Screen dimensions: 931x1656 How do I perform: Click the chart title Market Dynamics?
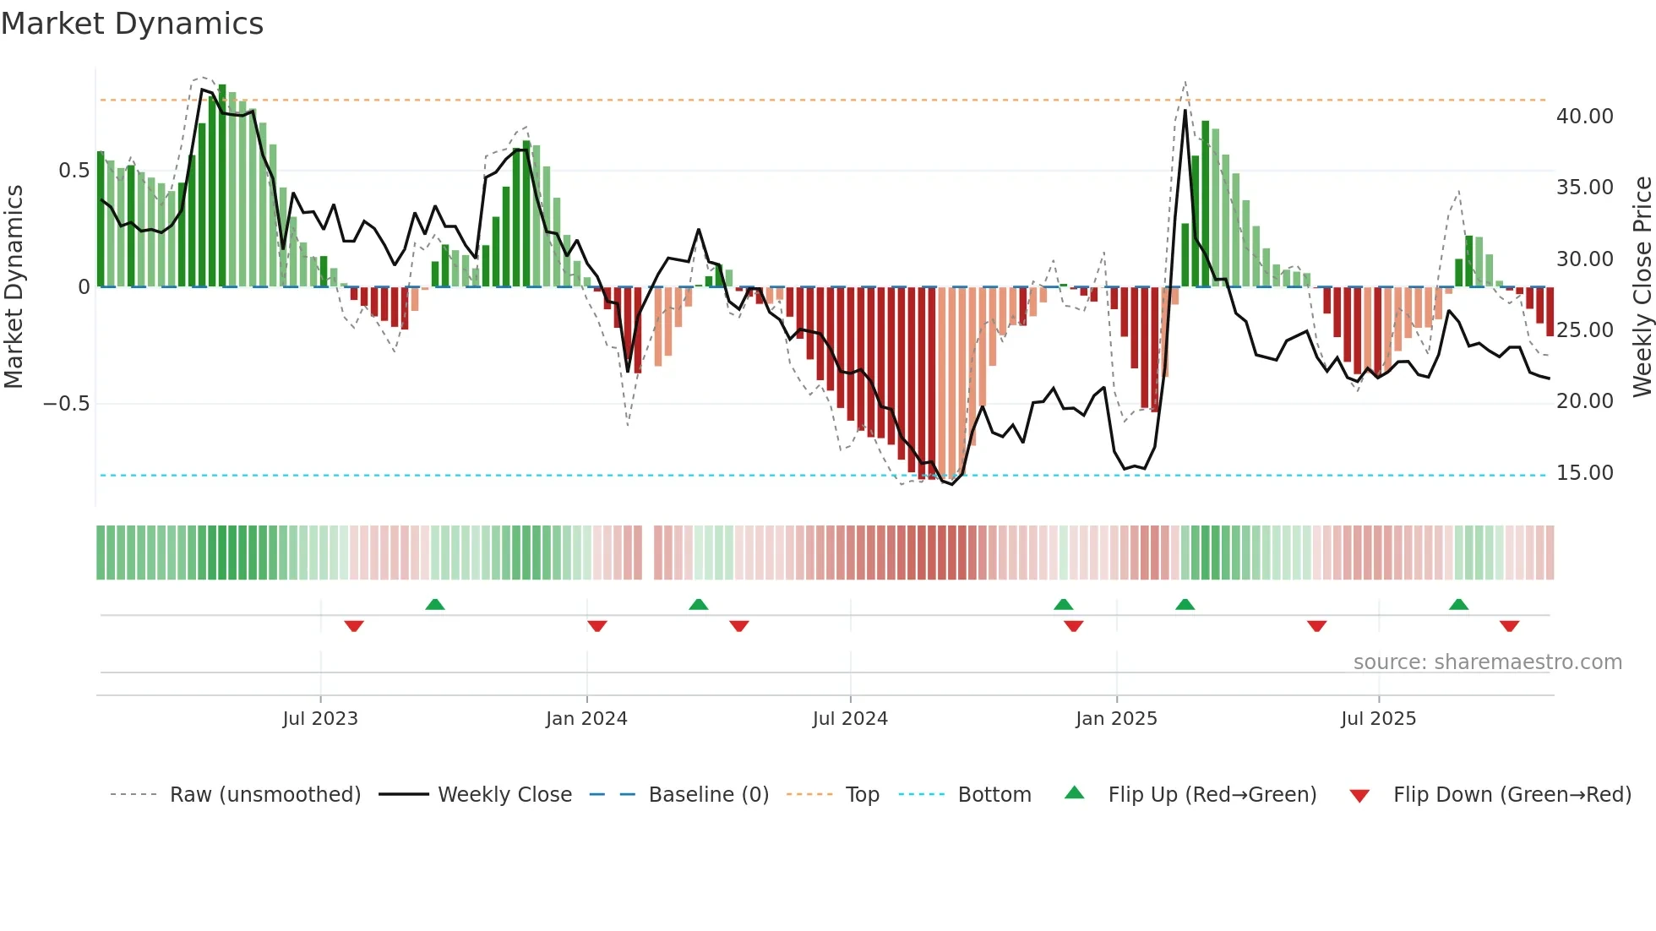click(132, 24)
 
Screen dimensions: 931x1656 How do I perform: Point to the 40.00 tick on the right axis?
click(1584, 117)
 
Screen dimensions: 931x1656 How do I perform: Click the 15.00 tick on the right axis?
click(1584, 473)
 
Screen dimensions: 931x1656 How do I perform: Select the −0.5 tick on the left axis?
click(66, 404)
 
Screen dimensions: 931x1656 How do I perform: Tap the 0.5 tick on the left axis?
click(74, 171)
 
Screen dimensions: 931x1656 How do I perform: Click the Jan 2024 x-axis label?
click(586, 719)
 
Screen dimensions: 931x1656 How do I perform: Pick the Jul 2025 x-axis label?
click(1378, 719)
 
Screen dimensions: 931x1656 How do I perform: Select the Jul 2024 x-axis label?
click(850, 719)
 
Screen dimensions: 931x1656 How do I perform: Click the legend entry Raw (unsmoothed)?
click(264, 795)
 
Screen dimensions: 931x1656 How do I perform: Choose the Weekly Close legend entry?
click(504, 795)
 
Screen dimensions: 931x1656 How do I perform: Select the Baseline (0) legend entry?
click(708, 795)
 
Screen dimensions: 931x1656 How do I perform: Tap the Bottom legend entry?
click(994, 795)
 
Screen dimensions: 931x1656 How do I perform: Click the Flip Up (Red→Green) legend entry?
click(1212, 795)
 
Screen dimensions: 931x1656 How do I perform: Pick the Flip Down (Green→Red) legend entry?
click(1512, 795)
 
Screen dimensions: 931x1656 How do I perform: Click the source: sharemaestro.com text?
click(1487, 662)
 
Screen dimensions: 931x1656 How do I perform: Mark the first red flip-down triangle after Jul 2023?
click(354, 626)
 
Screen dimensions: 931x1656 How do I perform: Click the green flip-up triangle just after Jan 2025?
click(1185, 605)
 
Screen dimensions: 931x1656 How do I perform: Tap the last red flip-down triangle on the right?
click(1509, 626)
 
